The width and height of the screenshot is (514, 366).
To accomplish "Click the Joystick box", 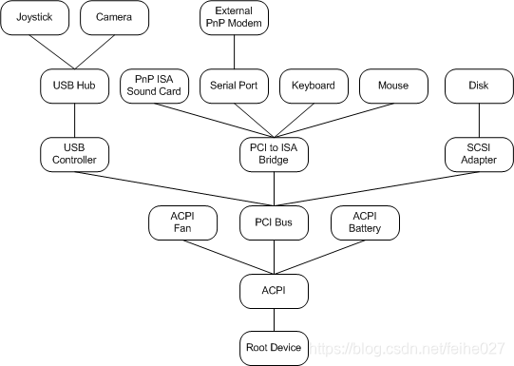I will [x=34, y=18].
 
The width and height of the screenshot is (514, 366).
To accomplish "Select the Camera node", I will [x=114, y=18].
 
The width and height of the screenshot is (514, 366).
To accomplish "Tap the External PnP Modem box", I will [x=234, y=18].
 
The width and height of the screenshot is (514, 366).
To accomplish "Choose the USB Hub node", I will [x=74, y=86].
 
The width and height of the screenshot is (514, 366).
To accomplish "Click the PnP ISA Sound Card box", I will [x=154, y=86].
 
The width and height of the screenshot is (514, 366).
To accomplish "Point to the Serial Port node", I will [x=234, y=86].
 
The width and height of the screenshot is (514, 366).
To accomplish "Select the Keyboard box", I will [x=314, y=86].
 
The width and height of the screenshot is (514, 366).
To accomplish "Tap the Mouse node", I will [x=393, y=86].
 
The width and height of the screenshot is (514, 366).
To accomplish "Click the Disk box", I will [x=479, y=86].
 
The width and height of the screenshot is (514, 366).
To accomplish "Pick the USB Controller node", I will [x=74, y=153].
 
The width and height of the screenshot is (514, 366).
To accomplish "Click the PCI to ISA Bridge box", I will [x=274, y=153].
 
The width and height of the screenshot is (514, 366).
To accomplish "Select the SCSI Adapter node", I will [x=479, y=153].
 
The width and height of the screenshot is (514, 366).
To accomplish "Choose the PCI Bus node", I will [x=274, y=223].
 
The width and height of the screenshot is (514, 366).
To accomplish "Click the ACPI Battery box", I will [x=365, y=223].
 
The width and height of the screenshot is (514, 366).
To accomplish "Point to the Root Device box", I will [x=274, y=347].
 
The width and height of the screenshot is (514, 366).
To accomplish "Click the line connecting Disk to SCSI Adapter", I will [x=479, y=120].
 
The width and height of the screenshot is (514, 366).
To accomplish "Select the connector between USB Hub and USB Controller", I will [x=74, y=120].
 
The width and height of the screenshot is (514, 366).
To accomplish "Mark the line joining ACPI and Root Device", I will [x=274, y=317].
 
